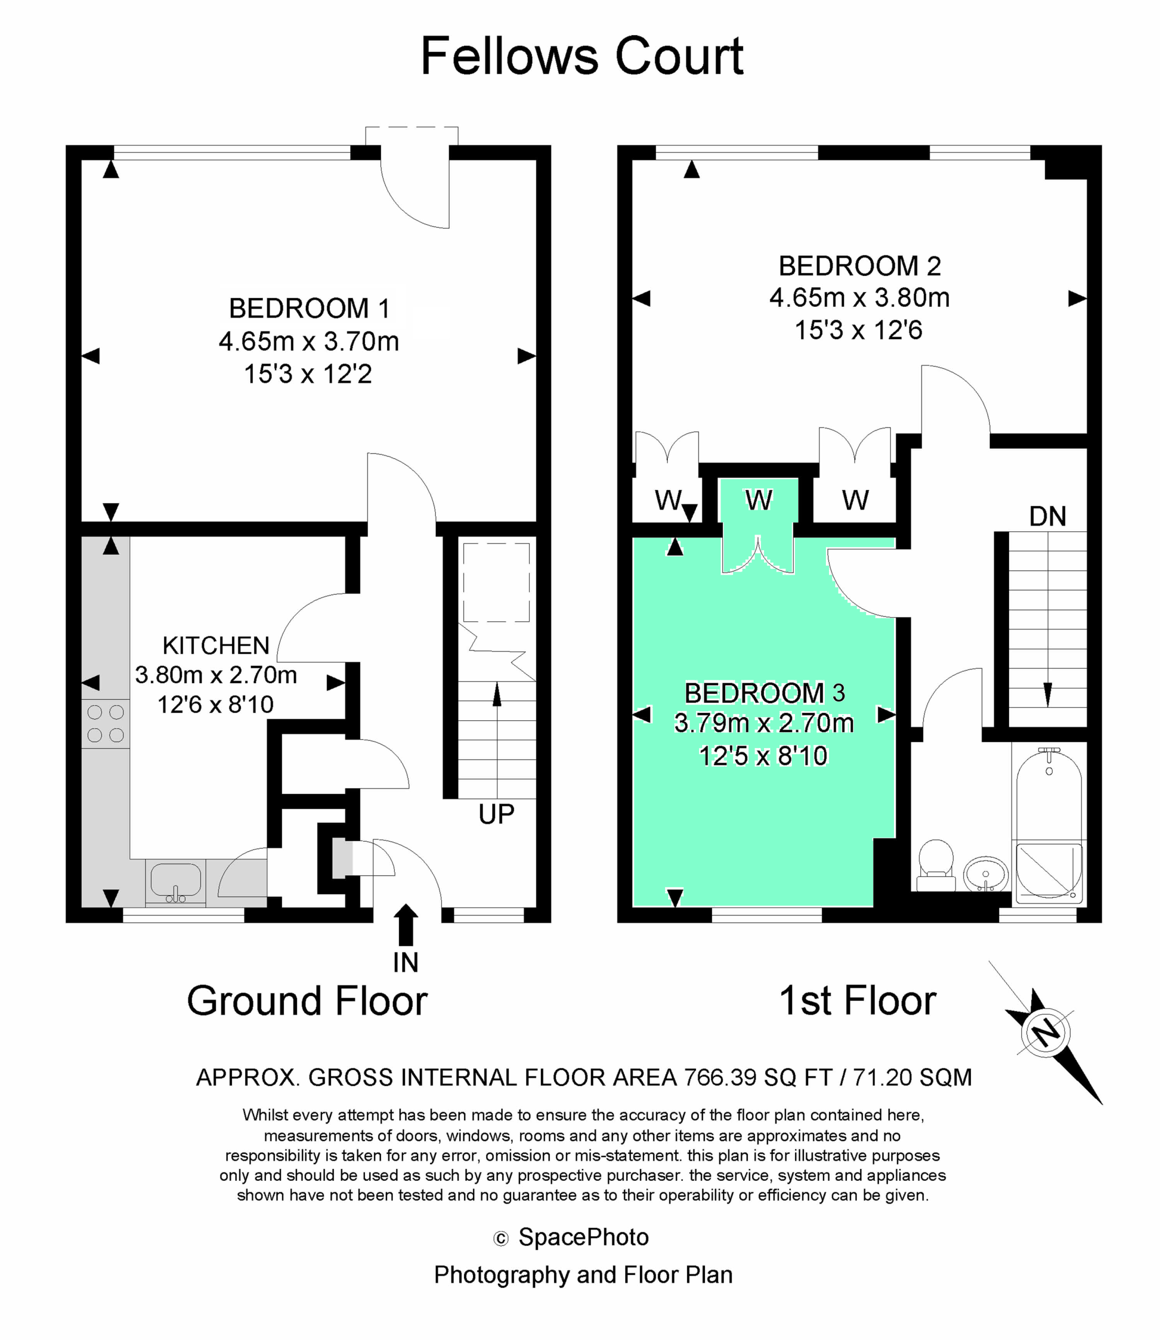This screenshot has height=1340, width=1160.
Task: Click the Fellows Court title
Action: click(581, 57)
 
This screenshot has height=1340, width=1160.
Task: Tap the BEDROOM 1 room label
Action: click(310, 309)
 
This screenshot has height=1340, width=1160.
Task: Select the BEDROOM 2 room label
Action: click(859, 266)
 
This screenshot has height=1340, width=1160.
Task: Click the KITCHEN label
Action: click(216, 646)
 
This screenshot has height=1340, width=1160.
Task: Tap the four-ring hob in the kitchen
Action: click(105, 723)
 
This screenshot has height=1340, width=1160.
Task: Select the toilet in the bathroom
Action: click(935, 866)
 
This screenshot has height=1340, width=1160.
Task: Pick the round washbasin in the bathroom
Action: click(985, 874)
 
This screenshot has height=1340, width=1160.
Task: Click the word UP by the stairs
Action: click(496, 814)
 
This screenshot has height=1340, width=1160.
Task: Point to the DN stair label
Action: click(1048, 516)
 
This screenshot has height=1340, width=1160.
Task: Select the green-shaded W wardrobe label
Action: click(759, 500)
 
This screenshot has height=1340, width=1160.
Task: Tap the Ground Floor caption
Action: click(307, 1001)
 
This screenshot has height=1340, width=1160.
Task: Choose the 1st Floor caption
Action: click(858, 1001)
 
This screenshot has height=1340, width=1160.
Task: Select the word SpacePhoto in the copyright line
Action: click(584, 1237)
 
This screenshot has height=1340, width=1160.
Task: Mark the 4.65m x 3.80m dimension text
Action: click(859, 298)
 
